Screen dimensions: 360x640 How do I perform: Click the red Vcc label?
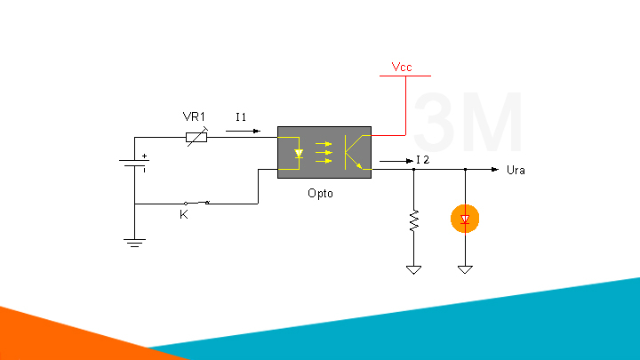[401, 67]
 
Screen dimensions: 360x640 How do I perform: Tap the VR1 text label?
[194, 117]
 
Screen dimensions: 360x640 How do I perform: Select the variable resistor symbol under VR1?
[196, 137]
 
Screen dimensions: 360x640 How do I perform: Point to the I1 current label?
[241, 117]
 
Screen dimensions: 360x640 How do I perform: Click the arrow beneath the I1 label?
[244, 132]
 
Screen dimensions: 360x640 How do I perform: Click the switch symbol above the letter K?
[196, 203]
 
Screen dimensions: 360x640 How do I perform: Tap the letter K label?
[184, 215]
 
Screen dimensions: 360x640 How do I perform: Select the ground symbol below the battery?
[134, 241]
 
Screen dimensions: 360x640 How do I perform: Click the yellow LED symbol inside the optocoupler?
[299, 153]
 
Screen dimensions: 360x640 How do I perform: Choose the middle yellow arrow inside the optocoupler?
[323, 153]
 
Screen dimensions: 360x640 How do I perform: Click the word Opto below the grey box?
[320, 193]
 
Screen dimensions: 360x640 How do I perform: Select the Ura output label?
[515, 170]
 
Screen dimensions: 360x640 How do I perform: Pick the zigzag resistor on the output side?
[413, 220]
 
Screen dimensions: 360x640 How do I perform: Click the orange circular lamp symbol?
[464, 219]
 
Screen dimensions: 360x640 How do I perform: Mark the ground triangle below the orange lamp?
[464, 268]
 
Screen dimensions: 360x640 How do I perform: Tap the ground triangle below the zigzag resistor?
[413, 268]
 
